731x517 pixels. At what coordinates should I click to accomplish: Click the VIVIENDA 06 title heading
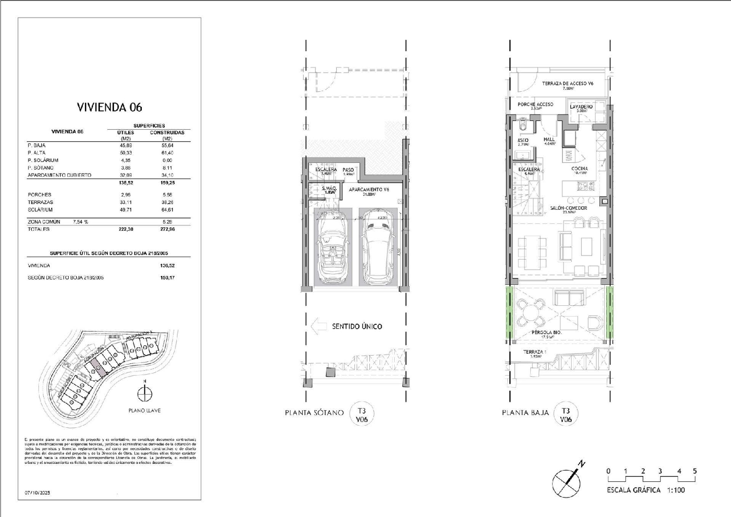tap(110, 107)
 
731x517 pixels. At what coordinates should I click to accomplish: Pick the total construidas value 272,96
tap(167, 229)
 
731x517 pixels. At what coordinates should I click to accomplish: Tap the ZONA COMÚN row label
tap(44, 221)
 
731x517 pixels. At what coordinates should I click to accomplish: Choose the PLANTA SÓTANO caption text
tap(314, 413)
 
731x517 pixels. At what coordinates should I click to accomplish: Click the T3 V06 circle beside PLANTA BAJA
tap(565, 415)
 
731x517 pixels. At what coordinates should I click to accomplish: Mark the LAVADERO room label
tap(581, 107)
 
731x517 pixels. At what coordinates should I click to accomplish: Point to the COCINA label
tap(579, 169)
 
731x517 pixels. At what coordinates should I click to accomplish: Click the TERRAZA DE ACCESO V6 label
tap(567, 84)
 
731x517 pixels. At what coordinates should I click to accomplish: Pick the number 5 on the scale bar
tap(694, 471)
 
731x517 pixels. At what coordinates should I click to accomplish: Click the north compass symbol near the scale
tap(567, 480)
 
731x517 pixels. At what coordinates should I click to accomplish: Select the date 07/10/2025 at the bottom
tap(38, 493)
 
